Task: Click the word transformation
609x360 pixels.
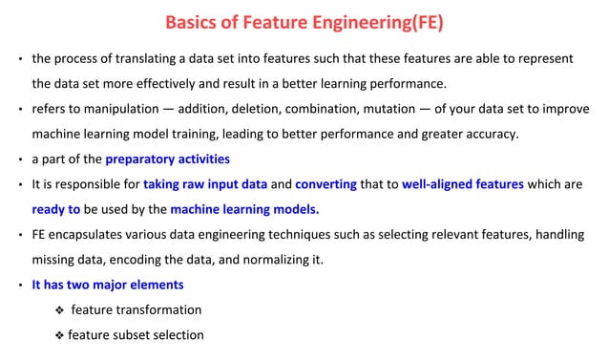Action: click(157, 309)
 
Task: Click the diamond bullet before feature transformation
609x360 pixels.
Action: click(61, 309)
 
